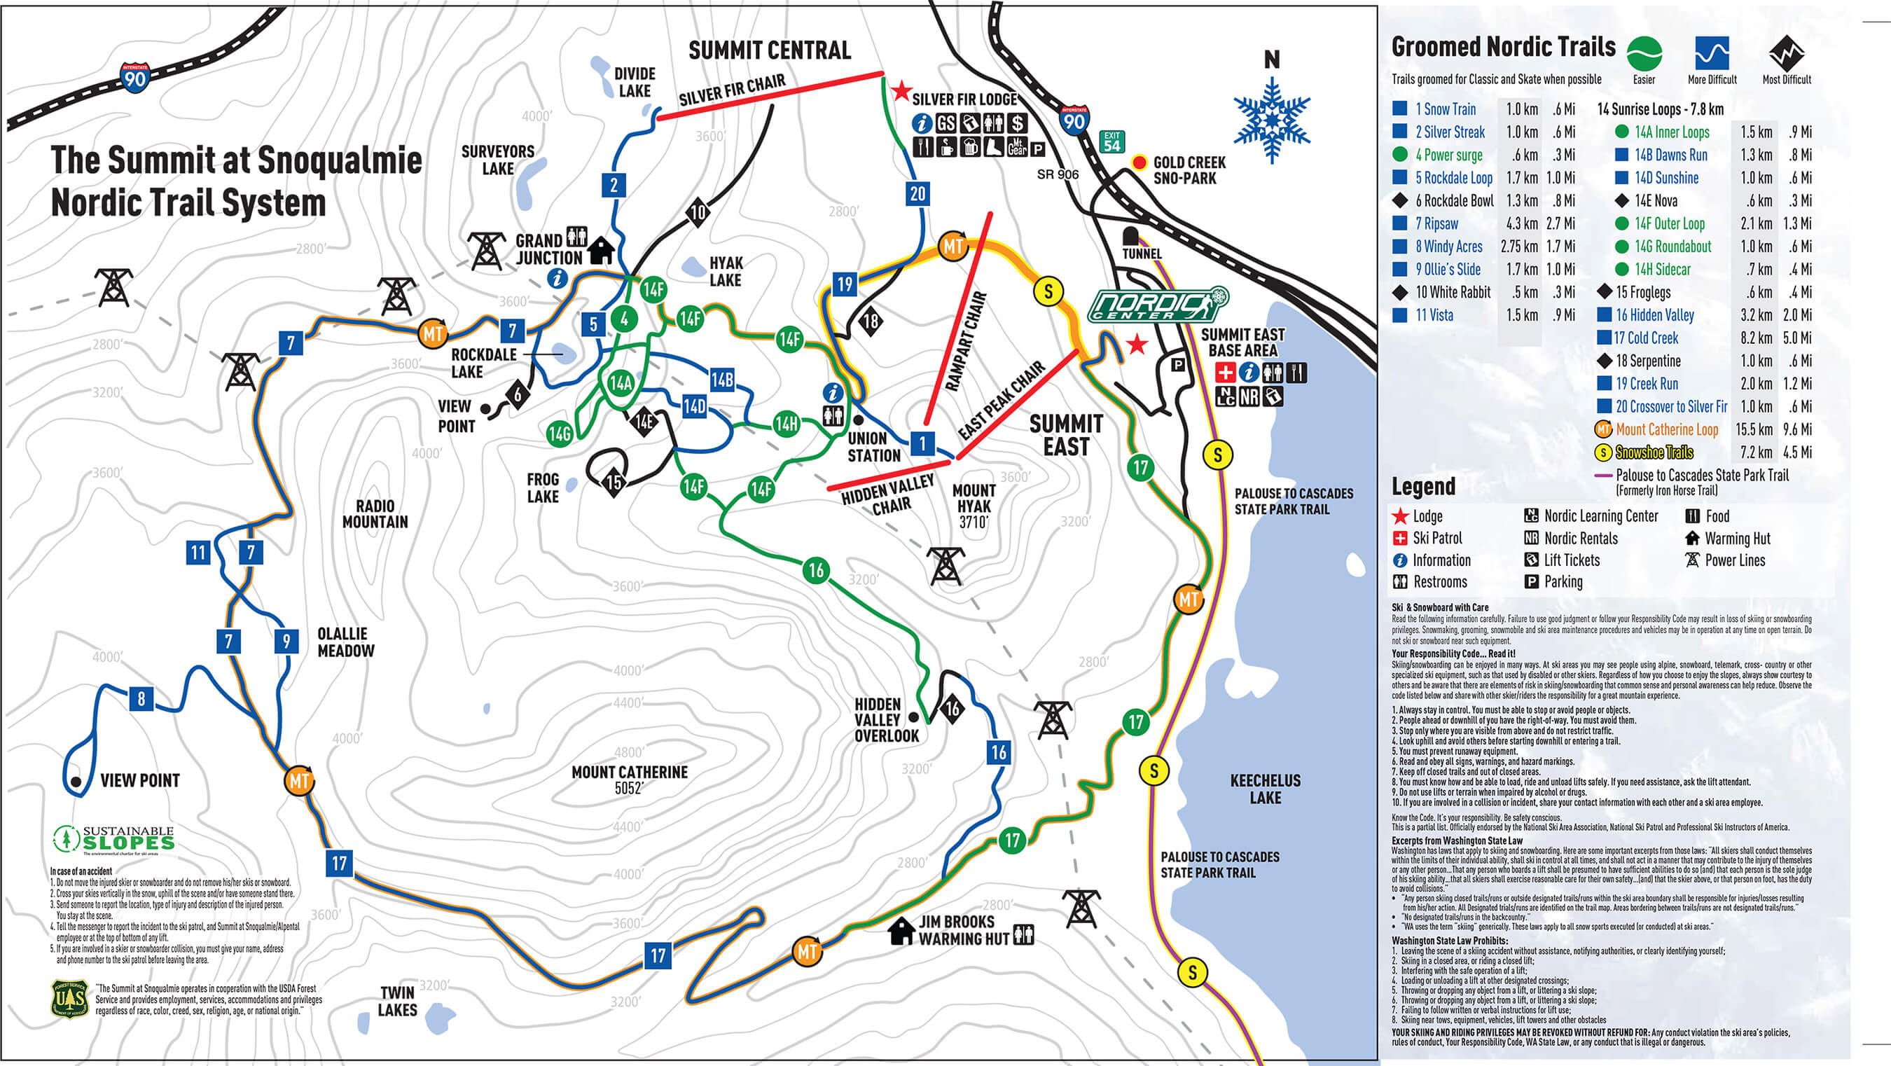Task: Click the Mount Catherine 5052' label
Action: (629, 780)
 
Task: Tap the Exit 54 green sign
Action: (1112, 141)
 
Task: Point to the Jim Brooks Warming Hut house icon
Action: (901, 932)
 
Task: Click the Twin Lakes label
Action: (397, 1002)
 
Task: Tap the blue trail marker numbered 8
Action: (141, 698)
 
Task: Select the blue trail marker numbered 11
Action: (198, 552)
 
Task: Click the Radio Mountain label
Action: (375, 514)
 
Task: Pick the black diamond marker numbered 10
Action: (698, 213)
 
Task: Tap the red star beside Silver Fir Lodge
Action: (901, 92)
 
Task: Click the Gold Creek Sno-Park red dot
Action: (1139, 163)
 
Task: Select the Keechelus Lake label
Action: (1265, 789)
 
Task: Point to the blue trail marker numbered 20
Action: (917, 194)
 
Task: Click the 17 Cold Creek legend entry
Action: (1645, 338)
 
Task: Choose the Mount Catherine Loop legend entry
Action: (1666, 429)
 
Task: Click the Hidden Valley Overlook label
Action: (886, 719)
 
